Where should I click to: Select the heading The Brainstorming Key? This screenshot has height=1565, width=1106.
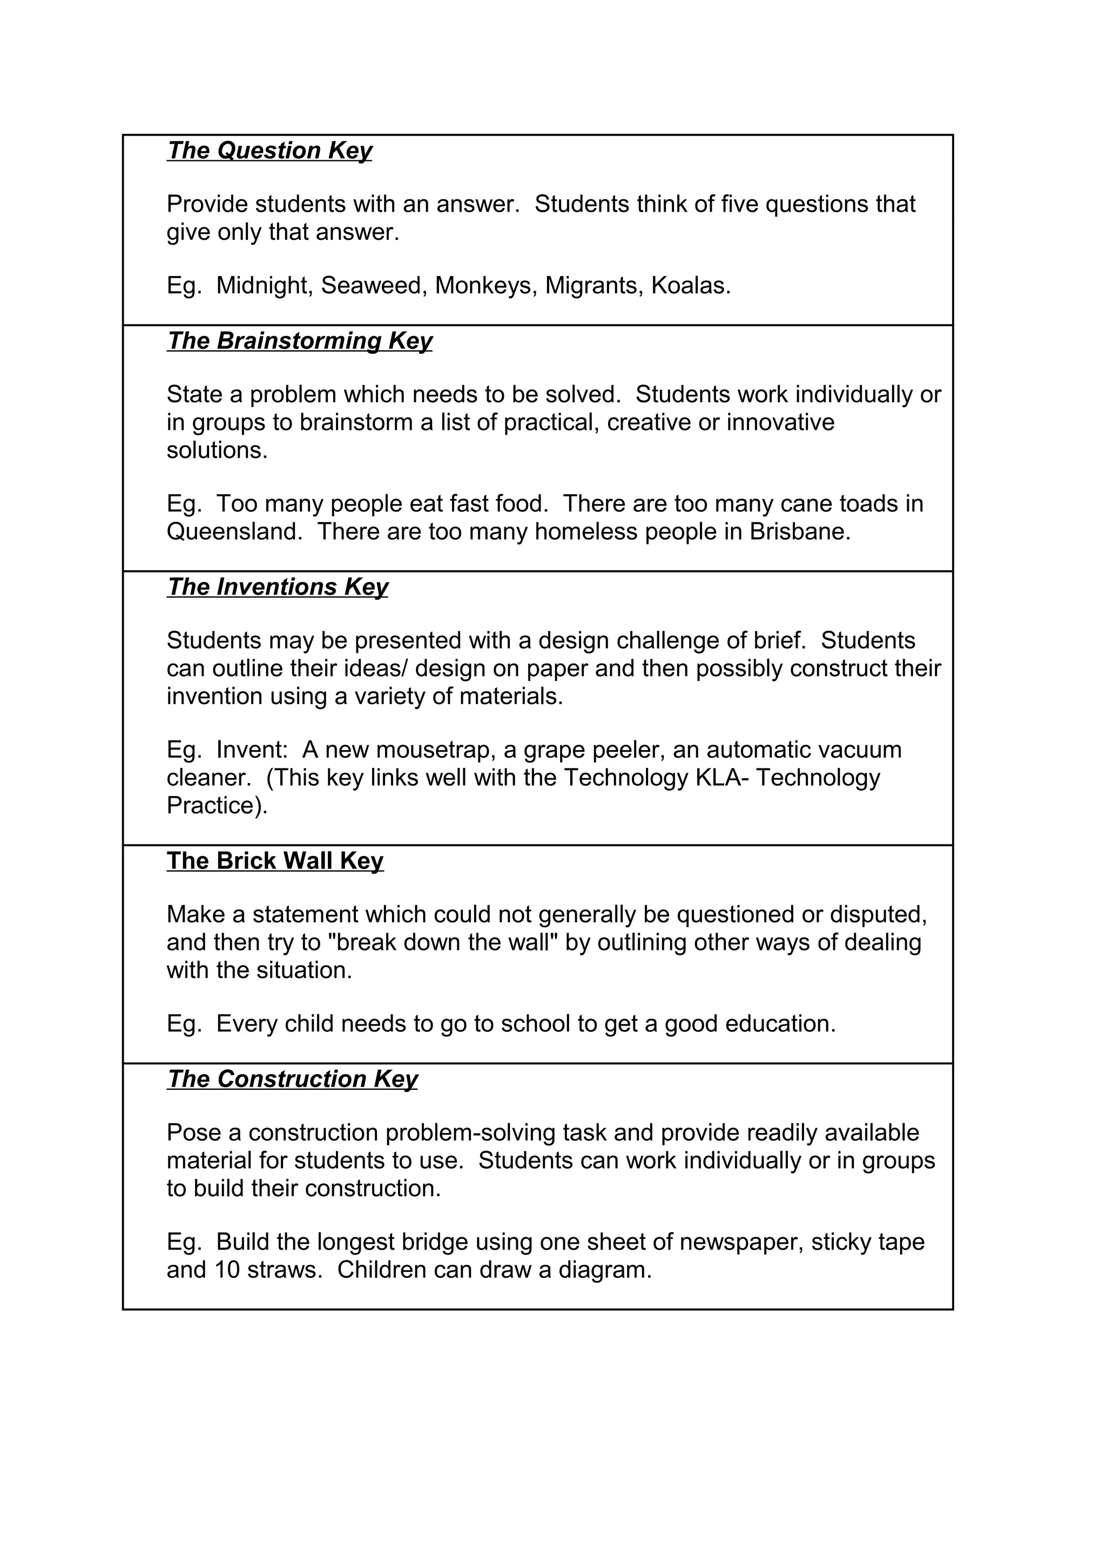click(x=299, y=341)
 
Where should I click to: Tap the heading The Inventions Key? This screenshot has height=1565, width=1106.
click(x=278, y=587)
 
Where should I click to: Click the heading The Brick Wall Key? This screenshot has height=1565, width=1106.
click(x=275, y=861)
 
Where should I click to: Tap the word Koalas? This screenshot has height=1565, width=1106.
click(x=690, y=286)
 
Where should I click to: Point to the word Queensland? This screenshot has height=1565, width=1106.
click(x=234, y=532)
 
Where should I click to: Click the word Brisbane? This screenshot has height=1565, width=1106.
click(x=799, y=532)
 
